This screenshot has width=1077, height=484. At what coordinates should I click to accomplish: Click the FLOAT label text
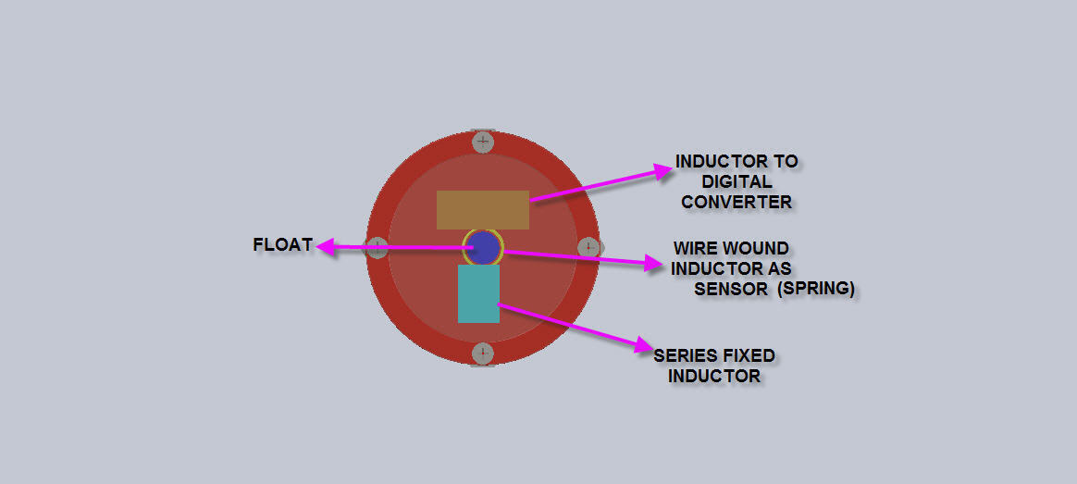(x=282, y=244)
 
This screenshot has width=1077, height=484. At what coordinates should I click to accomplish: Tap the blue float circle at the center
(x=485, y=247)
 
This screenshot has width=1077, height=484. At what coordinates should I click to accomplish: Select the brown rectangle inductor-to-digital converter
(x=483, y=210)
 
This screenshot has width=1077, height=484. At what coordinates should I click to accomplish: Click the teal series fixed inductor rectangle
(x=478, y=294)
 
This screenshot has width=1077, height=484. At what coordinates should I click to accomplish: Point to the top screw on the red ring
(x=483, y=143)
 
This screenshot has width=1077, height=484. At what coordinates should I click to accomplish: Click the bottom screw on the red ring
(x=483, y=354)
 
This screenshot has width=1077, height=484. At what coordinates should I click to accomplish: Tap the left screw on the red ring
(x=378, y=247)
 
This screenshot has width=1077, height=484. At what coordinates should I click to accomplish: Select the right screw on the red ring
(x=588, y=247)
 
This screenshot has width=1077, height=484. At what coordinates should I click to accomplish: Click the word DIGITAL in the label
(x=737, y=182)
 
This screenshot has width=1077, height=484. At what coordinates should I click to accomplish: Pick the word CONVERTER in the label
(x=737, y=203)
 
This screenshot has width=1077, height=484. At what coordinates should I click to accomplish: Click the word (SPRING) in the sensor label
(x=816, y=289)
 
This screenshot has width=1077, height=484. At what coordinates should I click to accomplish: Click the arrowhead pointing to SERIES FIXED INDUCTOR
(x=645, y=345)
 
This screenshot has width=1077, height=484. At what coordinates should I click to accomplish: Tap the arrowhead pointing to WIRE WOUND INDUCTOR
(x=654, y=262)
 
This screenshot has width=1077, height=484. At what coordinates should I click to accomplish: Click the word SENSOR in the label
(x=731, y=289)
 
